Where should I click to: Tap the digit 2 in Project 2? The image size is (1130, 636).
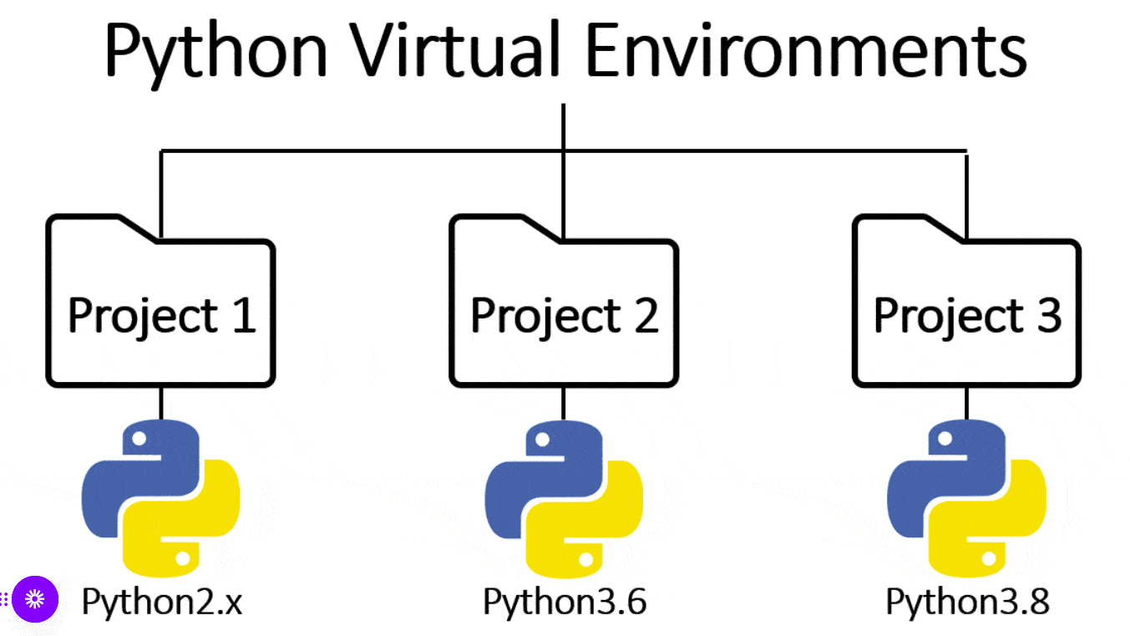pyautogui.click(x=645, y=316)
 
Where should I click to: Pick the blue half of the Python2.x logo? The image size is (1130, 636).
pyautogui.click(x=125, y=476)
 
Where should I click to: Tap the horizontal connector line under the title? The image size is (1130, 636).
pyautogui.click(x=359, y=152)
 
